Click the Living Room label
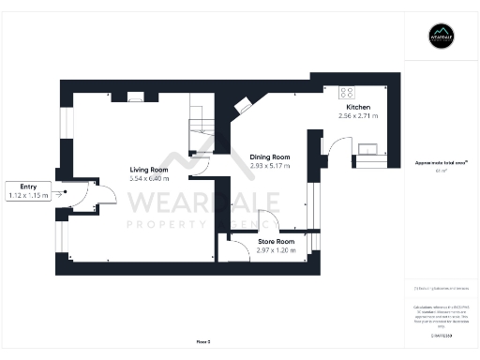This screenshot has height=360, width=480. [149, 170]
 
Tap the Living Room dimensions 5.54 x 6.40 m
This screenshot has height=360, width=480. [149, 178]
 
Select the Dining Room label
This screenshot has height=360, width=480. [269, 157]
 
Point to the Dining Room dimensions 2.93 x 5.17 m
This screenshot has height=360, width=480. [269, 165]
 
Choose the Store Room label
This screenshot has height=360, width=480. [277, 241]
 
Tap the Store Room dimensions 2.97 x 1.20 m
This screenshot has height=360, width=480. [277, 249]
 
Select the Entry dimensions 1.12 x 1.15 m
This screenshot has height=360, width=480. [26, 195]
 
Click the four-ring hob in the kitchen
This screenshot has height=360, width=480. [346, 92]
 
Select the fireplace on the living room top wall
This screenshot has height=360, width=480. [136, 95]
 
